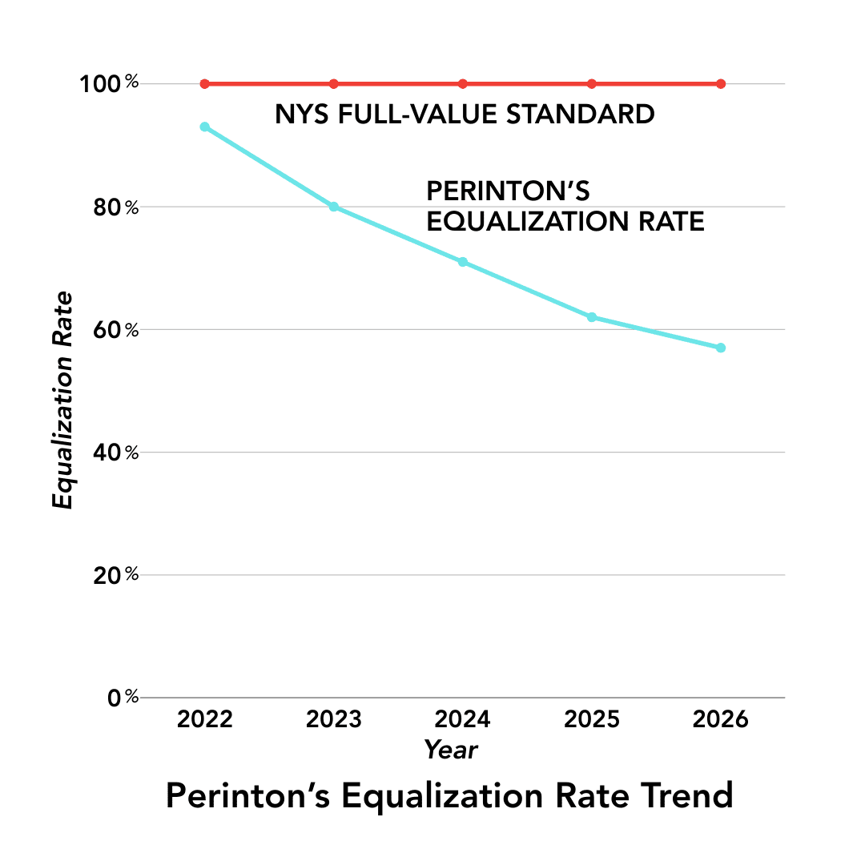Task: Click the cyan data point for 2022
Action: tap(205, 127)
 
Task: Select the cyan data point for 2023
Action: tap(334, 207)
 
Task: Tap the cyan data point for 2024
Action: tap(463, 262)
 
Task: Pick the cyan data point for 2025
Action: tap(592, 317)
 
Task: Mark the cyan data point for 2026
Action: tap(721, 348)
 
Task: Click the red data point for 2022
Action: tap(205, 84)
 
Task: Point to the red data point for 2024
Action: tap(463, 84)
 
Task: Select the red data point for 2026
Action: tap(721, 84)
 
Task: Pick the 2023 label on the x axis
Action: tap(334, 719)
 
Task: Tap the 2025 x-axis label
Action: tap(592, 719)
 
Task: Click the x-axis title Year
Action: tap(451, 750)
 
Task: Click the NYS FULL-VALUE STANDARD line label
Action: tap(465, 115)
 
